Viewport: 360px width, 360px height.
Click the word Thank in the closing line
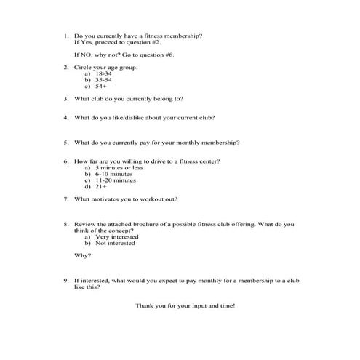coord(145,305)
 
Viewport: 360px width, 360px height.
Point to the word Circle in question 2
coord(84,67)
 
